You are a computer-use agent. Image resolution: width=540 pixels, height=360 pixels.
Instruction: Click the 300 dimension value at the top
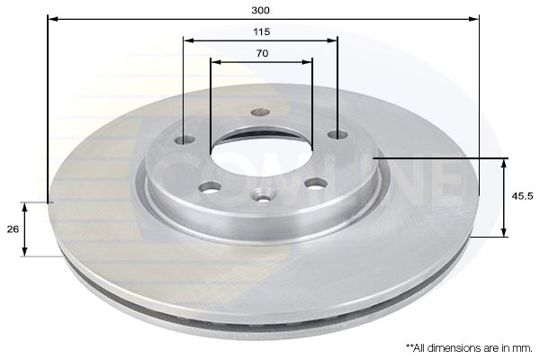pyautogui.click(x=261, y=10)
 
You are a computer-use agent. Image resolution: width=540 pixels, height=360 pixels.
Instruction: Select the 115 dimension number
pyautogui.click(x=261, y=31)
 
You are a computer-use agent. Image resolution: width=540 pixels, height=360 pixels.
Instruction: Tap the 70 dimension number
pyautogui.click(x=261, y=53)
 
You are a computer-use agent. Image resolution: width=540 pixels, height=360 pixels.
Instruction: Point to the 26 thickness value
pyautogui.click(x=13, y=229)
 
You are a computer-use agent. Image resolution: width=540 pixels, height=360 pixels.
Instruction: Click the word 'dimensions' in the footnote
pyautogui.click(x=450, y=346)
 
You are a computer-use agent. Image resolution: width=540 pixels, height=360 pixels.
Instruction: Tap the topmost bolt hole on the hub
pyautogui.click(x=260, y=112)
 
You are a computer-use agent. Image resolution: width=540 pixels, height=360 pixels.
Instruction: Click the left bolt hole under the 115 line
pyautogui.click(x=184, y=139)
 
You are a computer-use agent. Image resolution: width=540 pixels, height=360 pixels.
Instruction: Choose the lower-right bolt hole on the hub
pyautogui.click(x=315, y=184)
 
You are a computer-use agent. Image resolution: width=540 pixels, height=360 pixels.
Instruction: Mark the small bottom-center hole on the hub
pyautogui.click(x=263, y=193)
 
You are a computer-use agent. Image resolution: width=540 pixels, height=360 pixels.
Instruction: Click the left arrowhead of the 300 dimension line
pyautogui.click(x=49, y=18)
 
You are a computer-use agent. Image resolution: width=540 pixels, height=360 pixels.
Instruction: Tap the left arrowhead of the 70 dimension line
pyautogui.click(x=214, y=61)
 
